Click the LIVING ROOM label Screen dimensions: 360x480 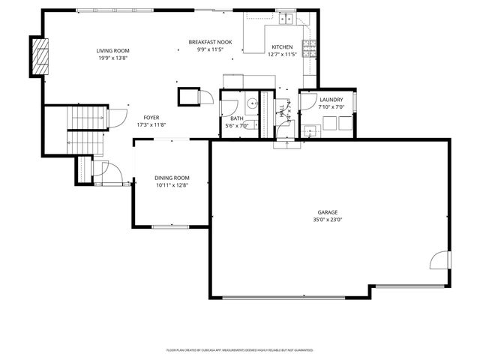coord(112,50)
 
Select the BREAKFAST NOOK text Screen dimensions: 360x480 coord(210,42)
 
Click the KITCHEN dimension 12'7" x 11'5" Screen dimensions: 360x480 coord(283,54)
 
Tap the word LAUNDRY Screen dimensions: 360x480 coord(331,100)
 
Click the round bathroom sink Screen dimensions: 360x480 coord(253,103)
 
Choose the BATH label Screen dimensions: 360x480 coord(236,118)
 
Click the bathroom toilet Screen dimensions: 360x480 coord(233,106)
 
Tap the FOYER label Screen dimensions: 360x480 coord(151,118)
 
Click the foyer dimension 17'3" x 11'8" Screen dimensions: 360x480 coord(151,125)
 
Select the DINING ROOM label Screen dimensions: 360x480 coord(172,178)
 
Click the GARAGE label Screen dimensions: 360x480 coord(328,212)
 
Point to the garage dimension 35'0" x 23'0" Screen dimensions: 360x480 coord(328,220)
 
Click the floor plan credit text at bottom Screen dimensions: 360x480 coord(239,350)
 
